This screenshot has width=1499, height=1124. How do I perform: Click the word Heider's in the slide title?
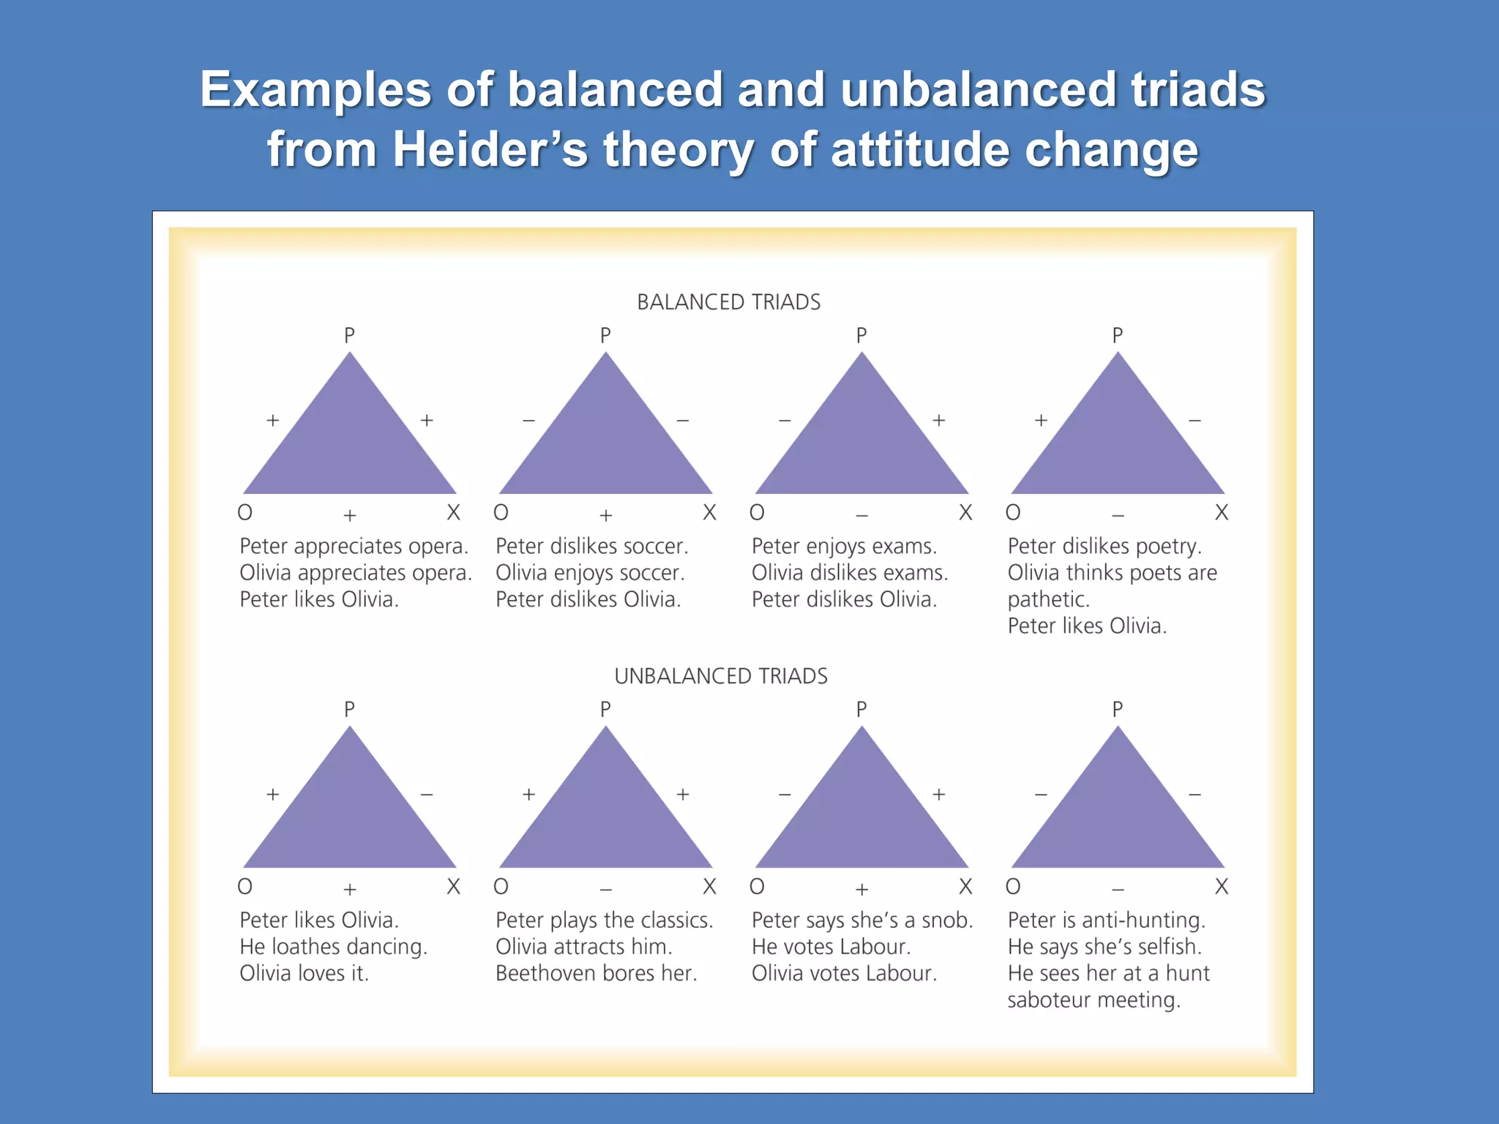click(490, 149)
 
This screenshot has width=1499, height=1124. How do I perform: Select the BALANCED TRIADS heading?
click(728, 302)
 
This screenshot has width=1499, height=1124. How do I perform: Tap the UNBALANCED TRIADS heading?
click(721, 676)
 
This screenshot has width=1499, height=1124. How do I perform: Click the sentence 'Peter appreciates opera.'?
click(354, 547)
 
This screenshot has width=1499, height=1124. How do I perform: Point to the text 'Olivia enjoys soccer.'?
click(590, 573)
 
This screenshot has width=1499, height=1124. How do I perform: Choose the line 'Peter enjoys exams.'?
click(844, 547)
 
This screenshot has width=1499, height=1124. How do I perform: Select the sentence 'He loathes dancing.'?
click(333, 947)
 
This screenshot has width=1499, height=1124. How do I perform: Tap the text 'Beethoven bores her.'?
click(596, 973)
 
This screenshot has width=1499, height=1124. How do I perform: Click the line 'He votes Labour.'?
click(831, 947)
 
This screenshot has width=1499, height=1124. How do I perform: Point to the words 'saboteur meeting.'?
click(1094, 1000)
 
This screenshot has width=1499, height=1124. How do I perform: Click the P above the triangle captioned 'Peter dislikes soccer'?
click(605, 336)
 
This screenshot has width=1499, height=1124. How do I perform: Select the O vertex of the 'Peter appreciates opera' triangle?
click(245, 512)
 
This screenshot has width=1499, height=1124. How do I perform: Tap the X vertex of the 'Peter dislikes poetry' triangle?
click(1221, 512)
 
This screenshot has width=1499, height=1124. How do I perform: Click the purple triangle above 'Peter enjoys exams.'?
click(861, 446)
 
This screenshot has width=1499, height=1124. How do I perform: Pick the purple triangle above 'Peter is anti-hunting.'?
click(1118, 820)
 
